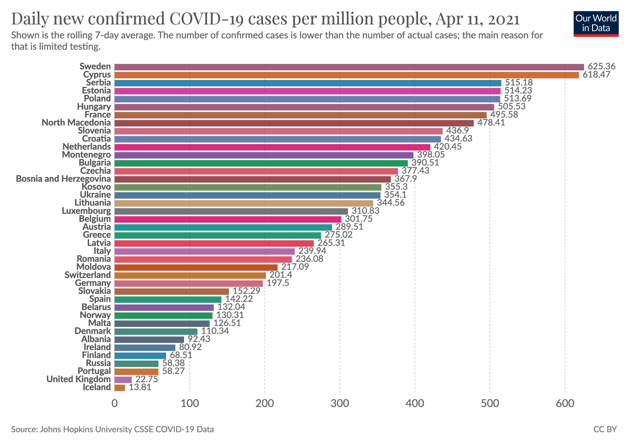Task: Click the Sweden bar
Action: (x=349, y=67)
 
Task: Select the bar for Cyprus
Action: (x=346, y=75)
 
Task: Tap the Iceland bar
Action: (x=120, y=387)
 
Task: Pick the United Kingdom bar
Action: (x=123, y=379)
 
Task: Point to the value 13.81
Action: (x=140, y=387)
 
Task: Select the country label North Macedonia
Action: (x=76, y=123)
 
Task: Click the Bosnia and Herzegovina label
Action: (x=63, y=179)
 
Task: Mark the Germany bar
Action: (x=189, y=283)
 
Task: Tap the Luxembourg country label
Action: (x=86, y=211)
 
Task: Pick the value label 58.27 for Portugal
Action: (x=173, y=371)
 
